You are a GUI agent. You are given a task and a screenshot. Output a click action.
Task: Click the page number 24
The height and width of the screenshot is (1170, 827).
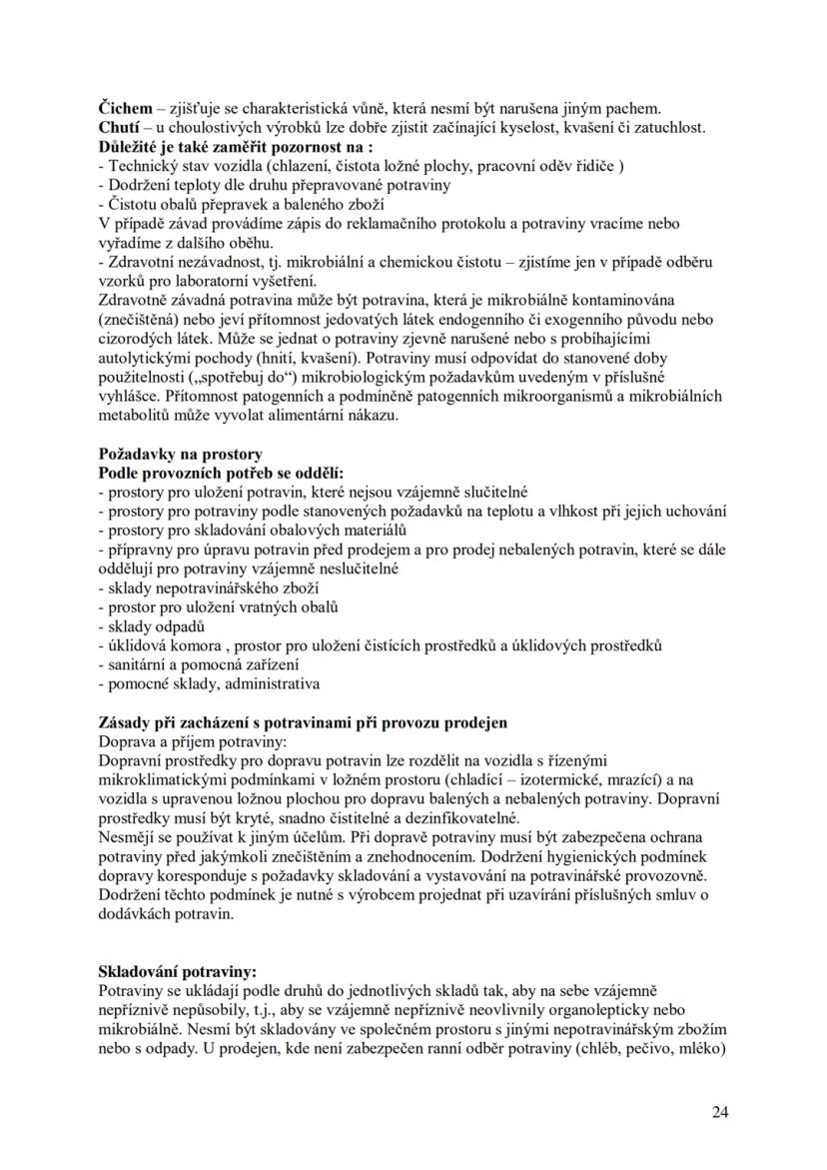coord(720,1112)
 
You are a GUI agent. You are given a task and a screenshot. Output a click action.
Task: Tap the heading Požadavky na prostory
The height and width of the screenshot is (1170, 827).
coord(180,454)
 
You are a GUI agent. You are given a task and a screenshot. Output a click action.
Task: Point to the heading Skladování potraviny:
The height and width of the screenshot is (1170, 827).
coord(177,971)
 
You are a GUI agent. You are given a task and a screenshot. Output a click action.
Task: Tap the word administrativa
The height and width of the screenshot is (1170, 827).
coord(272,684)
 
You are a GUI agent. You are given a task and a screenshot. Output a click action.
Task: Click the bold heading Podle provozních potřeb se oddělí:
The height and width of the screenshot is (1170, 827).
coord(220,473)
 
